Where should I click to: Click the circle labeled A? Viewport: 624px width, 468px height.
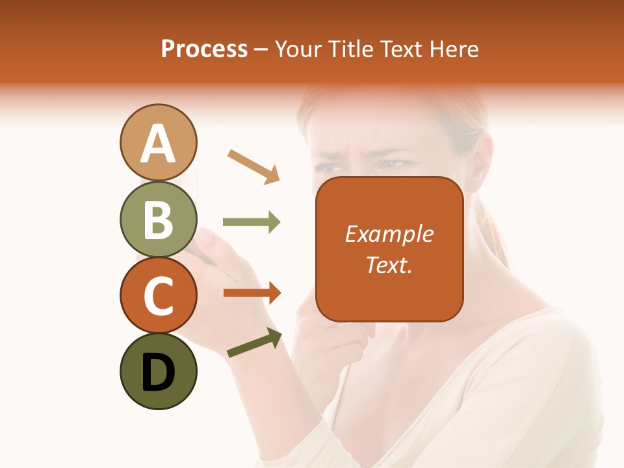click(x=158, y=142)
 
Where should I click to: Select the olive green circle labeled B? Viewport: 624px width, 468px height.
click(x=158, y=219)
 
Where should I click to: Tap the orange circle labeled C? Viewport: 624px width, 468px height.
click(x=158, y=295)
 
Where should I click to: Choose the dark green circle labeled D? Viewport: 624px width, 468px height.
click(x=158, y=372)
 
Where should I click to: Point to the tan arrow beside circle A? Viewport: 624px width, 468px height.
click(x=254, y=166)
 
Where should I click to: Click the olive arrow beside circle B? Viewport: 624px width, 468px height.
click(x=252, y=222)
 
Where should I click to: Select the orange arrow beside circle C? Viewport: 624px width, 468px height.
click(x=252, y=293)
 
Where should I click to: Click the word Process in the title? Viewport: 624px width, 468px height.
click(x=204, y=49)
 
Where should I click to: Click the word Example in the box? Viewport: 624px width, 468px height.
click(x=389, y=234)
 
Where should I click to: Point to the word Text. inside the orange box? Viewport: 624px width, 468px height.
click(x=389, y=265)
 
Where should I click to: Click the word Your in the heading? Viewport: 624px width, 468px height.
click(x=299, y=49)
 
